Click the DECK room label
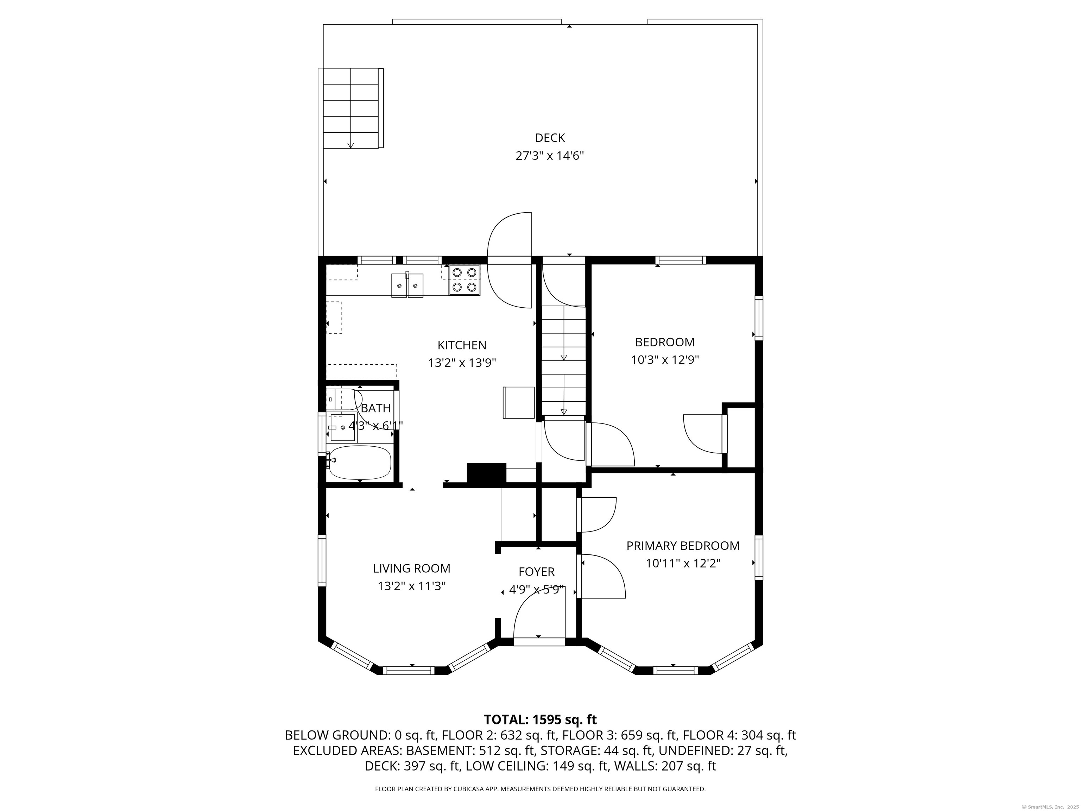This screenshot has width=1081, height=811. [x=550, y=138]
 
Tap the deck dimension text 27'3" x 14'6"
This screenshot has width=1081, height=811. [x=550, y=156]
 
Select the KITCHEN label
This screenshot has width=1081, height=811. [x=462, y=345]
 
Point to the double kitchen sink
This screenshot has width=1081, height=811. [x=407, y=285]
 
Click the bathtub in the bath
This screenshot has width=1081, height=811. [x=360, y=463]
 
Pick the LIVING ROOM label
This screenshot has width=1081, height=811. [x=411, y=568]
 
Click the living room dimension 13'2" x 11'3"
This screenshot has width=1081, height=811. [x=411, y=586]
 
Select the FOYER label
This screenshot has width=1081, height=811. [x=537, y=571]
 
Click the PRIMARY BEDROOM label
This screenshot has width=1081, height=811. [x=683, y=546]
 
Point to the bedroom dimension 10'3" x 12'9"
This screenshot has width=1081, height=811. [x=665, y=360]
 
